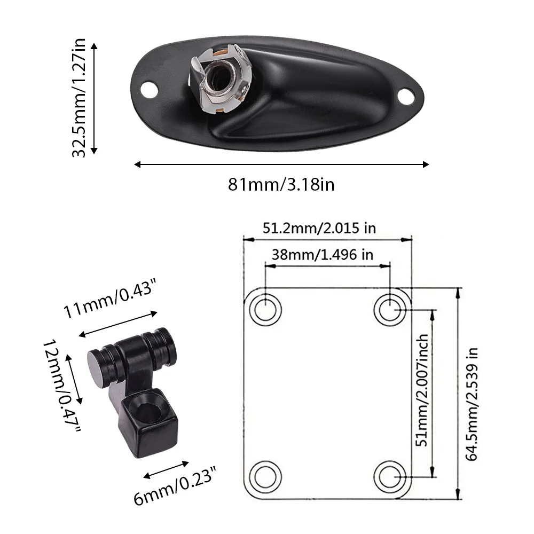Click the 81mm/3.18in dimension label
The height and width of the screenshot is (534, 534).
[x=281, y=185]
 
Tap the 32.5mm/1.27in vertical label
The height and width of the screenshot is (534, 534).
[x=78, y=98]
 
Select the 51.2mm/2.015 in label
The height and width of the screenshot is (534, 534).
[x=319, y=228]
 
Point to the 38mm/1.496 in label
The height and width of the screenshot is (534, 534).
[x=322, y=255]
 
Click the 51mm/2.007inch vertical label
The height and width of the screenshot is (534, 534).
[x=422, y=390]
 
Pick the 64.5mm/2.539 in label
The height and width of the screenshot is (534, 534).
[x=472, y=404]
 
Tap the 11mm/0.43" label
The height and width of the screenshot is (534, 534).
[x=110, y=298]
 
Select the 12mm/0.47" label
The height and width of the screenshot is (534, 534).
[x=61, y=386]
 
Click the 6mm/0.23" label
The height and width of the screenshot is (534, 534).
[x=175, y=486]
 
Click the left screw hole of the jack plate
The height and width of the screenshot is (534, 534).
[x=149, y=90]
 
